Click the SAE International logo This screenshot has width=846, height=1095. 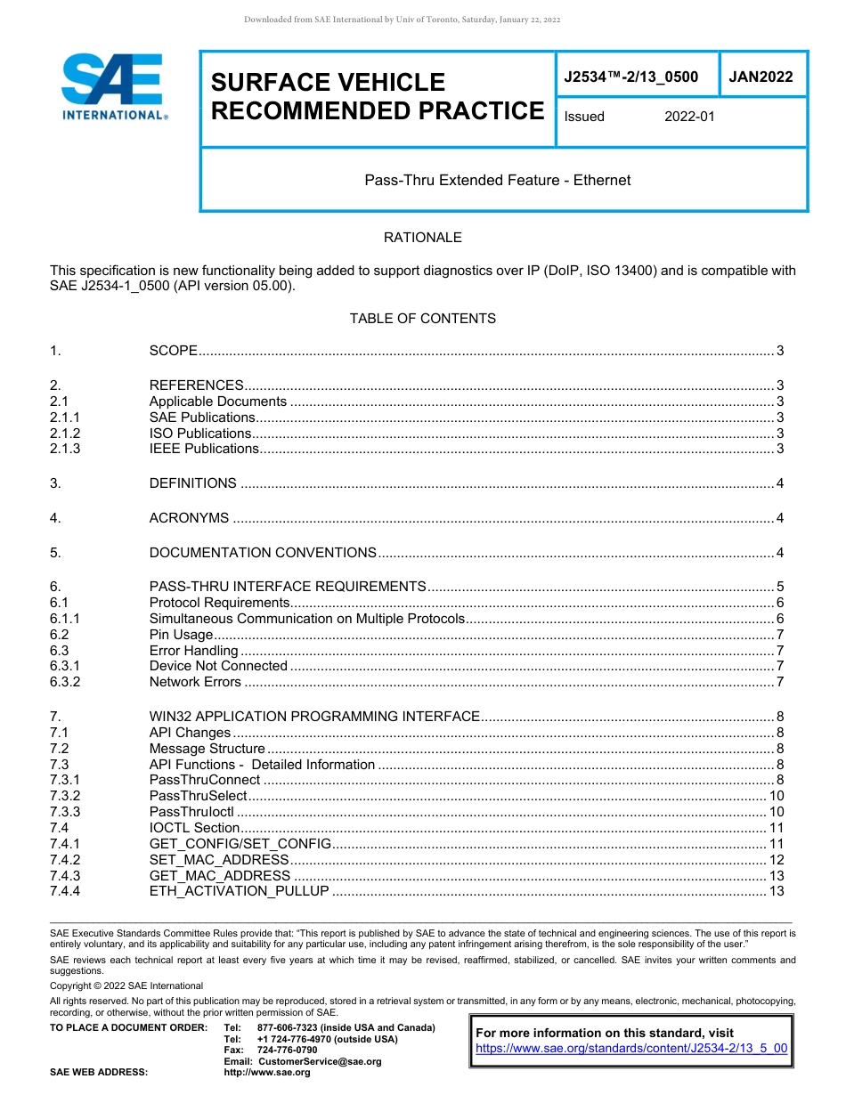point(113,86)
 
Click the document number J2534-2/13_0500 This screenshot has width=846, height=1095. point(630,77)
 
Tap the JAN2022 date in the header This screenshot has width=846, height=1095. point(761,77)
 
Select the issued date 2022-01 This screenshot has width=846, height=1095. point(689,117)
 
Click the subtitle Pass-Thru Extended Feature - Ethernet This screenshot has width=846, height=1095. point(497,180)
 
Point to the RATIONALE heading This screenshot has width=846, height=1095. point(422,238)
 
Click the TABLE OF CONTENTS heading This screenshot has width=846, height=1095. point(422,318)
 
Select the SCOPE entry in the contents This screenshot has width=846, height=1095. point(173,351)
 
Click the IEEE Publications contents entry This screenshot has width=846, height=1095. point(203,449)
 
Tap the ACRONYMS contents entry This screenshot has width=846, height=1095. point(189,518)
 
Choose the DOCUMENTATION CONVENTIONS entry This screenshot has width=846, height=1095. point(263,553)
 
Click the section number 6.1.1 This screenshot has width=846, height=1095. point(65,619)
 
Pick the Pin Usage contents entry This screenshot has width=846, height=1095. point(181,635)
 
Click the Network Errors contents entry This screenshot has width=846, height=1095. point(195,682)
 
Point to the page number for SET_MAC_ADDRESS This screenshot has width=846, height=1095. point(776,860)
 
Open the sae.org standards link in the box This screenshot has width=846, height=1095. point(631,1048)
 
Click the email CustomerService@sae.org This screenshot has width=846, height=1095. point(319,1061)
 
